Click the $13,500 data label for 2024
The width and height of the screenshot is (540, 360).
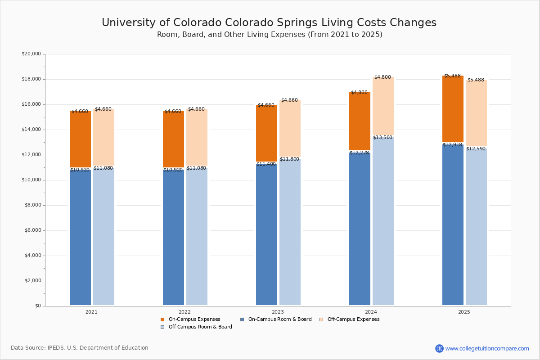tap(382, 138)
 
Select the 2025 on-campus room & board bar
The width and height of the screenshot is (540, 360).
tap(453, 225)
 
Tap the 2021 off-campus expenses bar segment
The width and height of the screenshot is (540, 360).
tap(103, 137)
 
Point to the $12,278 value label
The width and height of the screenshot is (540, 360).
tap(359, 153)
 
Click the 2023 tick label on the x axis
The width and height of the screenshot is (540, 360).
tap(278, 312)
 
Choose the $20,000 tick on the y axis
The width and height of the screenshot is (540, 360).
tap(31, 54)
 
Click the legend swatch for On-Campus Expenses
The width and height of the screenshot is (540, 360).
tap(162, 319)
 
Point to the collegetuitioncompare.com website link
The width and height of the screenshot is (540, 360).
tap(487, 348)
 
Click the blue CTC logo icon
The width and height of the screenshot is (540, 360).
tap(439, 348)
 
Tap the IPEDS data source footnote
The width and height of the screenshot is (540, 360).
tap(80, 348)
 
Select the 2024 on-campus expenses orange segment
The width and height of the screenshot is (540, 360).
tap(360, 121)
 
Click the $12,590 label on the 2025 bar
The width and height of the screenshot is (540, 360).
tap(476, 149)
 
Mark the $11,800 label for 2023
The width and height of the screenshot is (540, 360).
tap(289, 159)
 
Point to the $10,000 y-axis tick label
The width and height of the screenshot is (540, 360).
tap(31, 180)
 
